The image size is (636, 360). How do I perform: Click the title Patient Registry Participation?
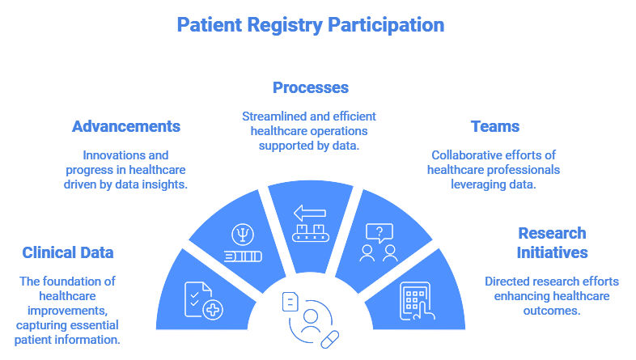tap(310, 24)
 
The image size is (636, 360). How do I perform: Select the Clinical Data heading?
tap(68, 252)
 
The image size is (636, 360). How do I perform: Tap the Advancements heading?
tap(125, 126)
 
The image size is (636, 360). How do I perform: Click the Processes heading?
tap(310, 87)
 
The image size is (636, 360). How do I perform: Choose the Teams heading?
tap(494, 126)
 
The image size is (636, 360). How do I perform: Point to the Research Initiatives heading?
tap(552, 243)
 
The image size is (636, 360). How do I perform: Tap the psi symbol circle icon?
tap(240, 235)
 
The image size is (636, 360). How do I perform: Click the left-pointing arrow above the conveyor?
tap(309, 214)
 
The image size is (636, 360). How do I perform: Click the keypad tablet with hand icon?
tap(416, 301)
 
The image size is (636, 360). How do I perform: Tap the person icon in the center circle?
tap(310, 317)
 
